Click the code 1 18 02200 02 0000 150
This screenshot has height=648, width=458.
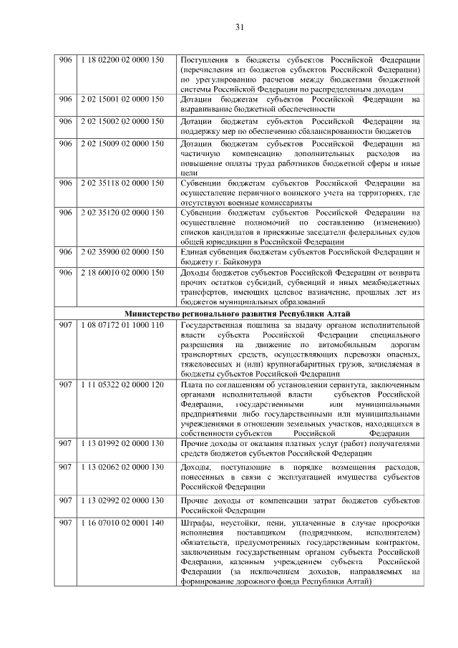[x=122, y=59]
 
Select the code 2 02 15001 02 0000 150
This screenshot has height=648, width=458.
[x=122, y=100]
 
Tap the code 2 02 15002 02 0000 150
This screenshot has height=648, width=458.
[x=122, y=121]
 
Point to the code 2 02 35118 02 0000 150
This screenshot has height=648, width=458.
[x=122, y=183]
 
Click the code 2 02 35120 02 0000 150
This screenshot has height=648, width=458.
[x=122, y=213]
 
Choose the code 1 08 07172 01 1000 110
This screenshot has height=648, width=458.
[x=122, y=324]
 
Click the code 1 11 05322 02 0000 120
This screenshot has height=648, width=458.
[x=122, y=385]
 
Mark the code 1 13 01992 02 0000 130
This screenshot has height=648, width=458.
[x=122, y=444]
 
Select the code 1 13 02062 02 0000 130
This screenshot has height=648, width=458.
[x=122, y=468]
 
